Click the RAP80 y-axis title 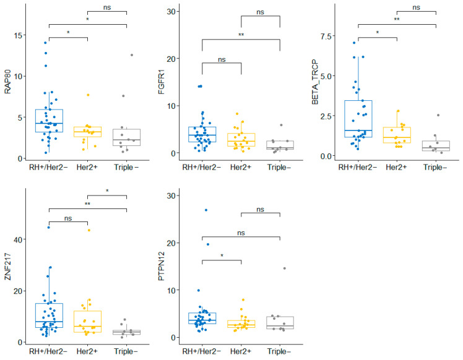(7, 82)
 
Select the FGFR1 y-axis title (161, 83)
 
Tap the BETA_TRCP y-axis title (315, 82)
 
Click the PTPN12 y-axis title (161, 266)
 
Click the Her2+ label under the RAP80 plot (87, 167)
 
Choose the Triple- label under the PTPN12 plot (279, 351)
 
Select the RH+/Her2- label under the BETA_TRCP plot (358, 167)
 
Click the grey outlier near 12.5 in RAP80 (132, 55)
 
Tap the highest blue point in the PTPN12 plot (206, 210)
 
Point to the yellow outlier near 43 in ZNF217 (89, 230)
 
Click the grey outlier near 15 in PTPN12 (285, 268)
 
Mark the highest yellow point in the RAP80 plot (88, 95)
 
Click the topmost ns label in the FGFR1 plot (260, 12)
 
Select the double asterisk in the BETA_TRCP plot (397, 19)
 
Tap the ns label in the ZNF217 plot (68, 218)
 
